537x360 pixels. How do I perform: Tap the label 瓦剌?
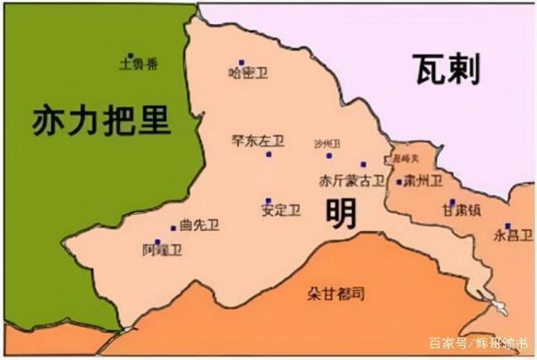tap(446, 69)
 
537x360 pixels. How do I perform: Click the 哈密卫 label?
tap(248, 73)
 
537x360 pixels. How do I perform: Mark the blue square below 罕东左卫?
tap(268, 154)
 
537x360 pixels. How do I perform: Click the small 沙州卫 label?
tap(328, 143)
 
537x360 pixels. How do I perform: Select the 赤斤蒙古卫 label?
tap(352, 181)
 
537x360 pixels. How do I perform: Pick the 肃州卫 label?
tap(422, 181)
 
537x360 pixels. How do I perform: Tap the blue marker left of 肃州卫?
tap(398, 182)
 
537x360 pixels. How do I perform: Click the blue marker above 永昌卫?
tap(507, 226)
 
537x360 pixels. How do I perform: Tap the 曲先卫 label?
tap(199, 226)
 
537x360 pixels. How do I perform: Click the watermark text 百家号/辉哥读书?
tap(478, 344)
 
